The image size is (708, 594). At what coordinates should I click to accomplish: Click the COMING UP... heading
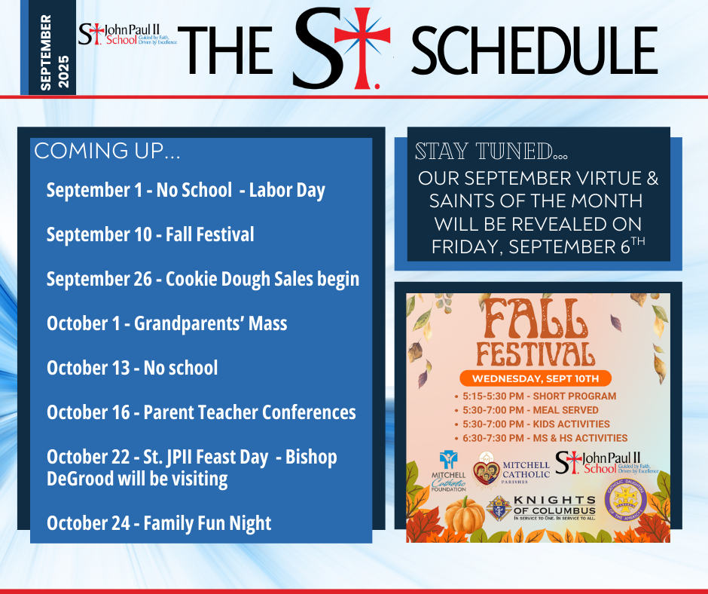107,151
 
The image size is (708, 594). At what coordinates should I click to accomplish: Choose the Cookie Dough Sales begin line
203,279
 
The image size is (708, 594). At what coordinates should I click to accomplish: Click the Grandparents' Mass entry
166,323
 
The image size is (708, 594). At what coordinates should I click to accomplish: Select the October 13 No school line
132,368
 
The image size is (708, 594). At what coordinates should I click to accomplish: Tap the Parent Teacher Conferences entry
201,412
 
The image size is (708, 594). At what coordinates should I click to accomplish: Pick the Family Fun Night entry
159,523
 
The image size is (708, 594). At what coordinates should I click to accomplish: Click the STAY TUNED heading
491,152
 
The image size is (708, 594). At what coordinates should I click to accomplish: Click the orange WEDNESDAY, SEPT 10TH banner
536,378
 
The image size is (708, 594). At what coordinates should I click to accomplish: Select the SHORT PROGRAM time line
541,396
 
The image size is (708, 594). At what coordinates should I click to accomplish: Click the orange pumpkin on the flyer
464,515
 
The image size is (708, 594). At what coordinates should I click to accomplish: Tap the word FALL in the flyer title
536,320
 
